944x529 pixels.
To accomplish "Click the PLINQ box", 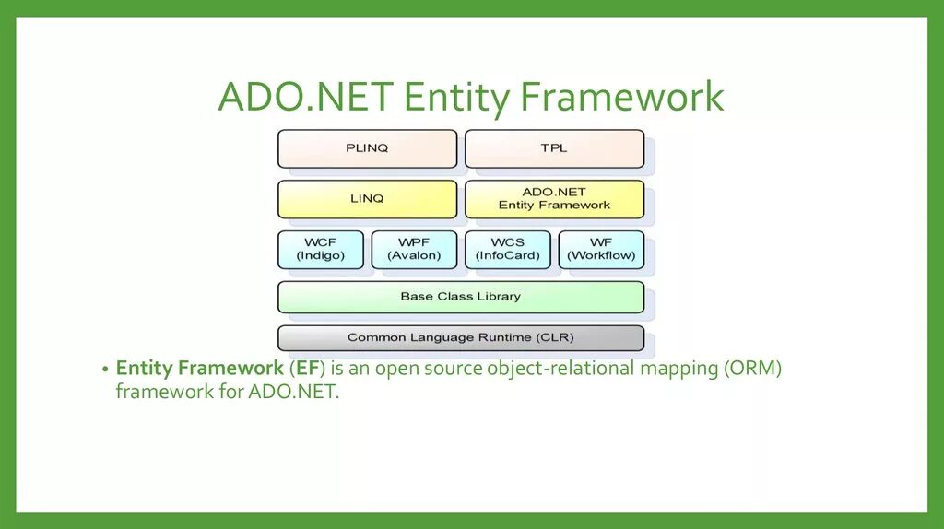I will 367,148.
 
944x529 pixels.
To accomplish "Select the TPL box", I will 554,148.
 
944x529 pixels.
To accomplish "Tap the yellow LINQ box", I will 367,198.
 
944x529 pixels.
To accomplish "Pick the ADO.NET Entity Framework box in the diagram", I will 554,198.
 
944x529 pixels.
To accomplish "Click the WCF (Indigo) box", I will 320,249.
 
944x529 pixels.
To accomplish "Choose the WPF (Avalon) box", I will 414,249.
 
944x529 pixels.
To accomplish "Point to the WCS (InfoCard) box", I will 508,249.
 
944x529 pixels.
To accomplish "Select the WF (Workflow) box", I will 601,249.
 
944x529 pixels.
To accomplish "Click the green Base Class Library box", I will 461,297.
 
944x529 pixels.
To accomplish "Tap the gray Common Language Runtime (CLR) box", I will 461,337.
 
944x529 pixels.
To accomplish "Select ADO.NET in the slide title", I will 305,99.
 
